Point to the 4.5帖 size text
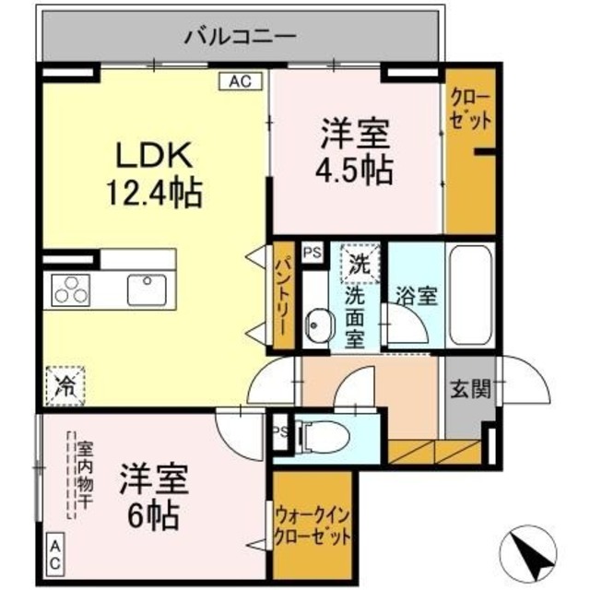coord(356,171)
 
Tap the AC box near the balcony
coord(240,81)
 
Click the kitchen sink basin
coord(146,289)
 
